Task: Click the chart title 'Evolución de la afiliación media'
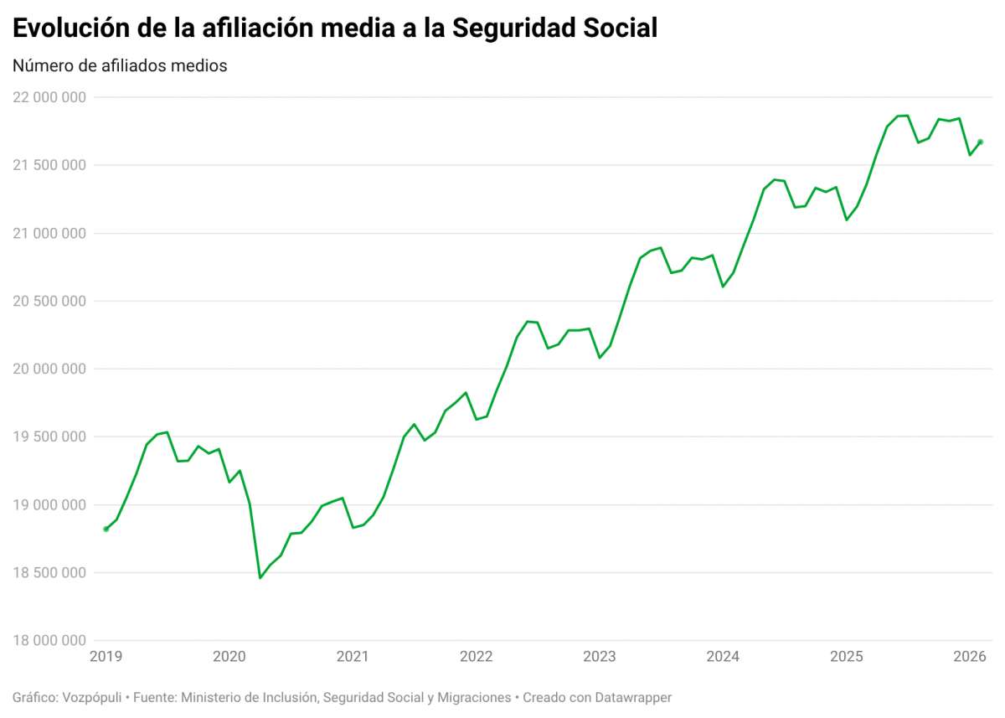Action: [335, 27]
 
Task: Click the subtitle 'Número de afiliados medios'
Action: [120, 65]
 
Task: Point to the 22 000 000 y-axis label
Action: [49, 97]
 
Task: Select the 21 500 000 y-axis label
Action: [49, 165]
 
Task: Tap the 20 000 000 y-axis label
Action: [49, 369]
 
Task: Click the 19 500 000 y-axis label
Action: [49, 436]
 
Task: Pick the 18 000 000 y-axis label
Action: [49, 641]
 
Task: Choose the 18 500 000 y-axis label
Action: [49, 573]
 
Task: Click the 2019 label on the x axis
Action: [106, 656]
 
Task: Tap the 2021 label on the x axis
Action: [353, 656]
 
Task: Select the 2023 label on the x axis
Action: [600, 656]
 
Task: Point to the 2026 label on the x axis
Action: [970, 656]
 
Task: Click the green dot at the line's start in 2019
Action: [106, 529]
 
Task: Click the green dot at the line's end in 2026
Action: [981, 142]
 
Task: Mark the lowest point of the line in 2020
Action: [260, 577]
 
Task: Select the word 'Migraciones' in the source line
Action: [470, 697]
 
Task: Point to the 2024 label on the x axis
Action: [723, 656]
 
